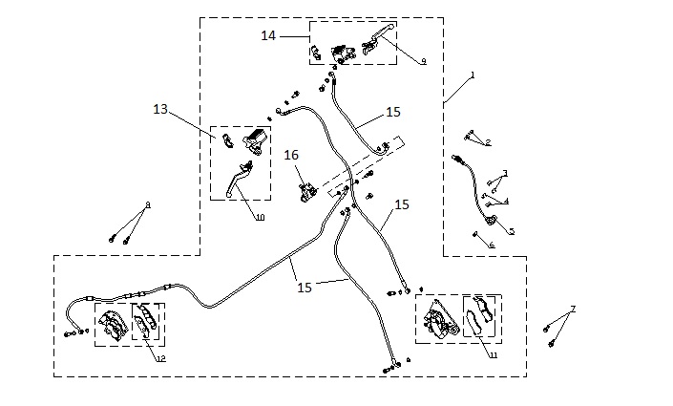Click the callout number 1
coord(472,74)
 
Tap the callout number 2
coord(488,142)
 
